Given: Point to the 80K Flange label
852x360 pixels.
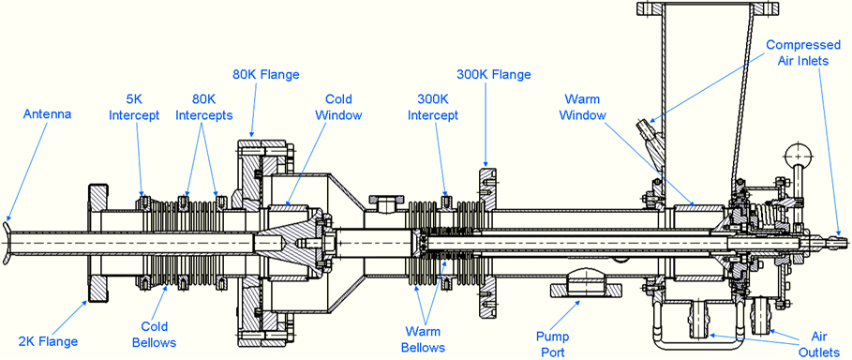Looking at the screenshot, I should tap(265, 73).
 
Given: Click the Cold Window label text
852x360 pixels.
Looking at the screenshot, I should tap(338, 106).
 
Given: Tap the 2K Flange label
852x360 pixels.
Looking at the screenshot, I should tap(49, 315).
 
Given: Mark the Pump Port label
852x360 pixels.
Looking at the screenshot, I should tap(561, 340).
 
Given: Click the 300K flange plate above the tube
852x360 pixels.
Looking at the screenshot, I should tap(486, 184).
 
